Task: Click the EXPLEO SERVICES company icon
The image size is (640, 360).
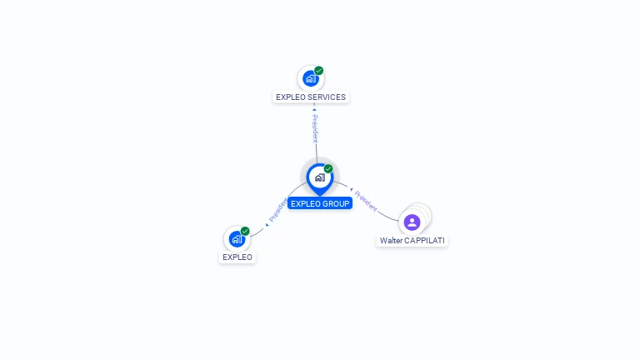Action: click(x=310, y=78)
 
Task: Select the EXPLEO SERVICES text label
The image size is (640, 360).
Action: click(x=311, y=97)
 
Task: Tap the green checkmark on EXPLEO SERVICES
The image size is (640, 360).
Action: click(x=319, y=71)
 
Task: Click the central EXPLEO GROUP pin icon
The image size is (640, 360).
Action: click(x=319, y=177)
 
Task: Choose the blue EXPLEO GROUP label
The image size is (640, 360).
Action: click(x=320, y=203)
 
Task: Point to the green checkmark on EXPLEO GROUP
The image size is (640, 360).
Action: click(x=328, y=168)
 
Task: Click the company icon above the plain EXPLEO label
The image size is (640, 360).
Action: click(x=237, y=239)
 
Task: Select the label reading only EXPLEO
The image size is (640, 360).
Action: click(x=237, y=257)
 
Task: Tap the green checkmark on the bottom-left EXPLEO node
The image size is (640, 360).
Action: click(x=245, y=231)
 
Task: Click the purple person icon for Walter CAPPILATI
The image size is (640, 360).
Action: click(x=412, y=222)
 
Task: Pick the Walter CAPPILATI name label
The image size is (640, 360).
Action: click(x=412, y=240)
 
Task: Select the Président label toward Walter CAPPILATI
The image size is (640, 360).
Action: click(x=365, y=200)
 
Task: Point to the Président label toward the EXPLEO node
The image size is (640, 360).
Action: click(x=277, y=210)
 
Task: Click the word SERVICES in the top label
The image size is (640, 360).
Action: click(x=327, y=97)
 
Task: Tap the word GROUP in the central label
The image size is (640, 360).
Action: click(x=337, y=203)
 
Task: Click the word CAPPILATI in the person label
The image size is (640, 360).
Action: click(x=424, y=240)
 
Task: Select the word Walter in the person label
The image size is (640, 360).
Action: click(x=391, y=240)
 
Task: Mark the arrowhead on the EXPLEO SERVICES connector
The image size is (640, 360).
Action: click(x=314, y=109)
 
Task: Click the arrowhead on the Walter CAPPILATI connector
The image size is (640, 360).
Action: click(x=351, y=190)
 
